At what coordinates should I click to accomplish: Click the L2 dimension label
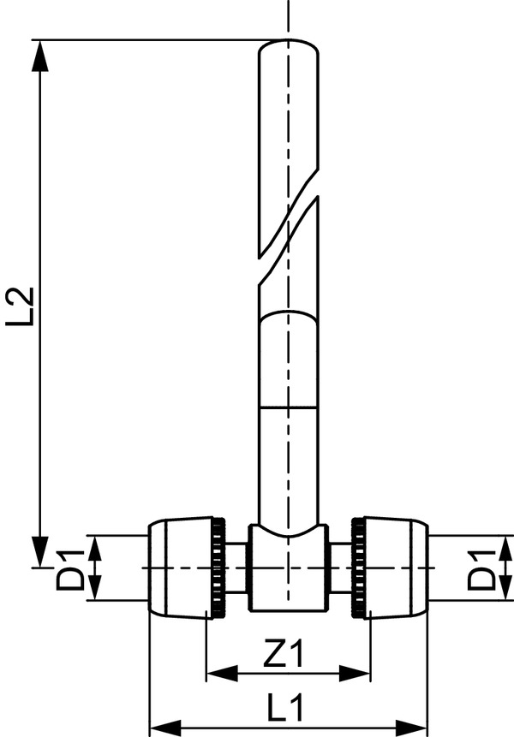(21, 306)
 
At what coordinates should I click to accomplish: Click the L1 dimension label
(285, 707)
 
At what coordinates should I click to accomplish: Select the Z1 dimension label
(284, 654)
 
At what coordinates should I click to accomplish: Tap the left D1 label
(70, 569)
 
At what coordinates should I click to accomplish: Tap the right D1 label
(481, 569)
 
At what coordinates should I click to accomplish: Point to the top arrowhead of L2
(41, 56)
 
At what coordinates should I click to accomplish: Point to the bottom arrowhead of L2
(41, 552)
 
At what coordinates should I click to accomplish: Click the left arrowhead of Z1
(223, 674)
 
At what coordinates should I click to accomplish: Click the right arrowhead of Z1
(355, 674)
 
